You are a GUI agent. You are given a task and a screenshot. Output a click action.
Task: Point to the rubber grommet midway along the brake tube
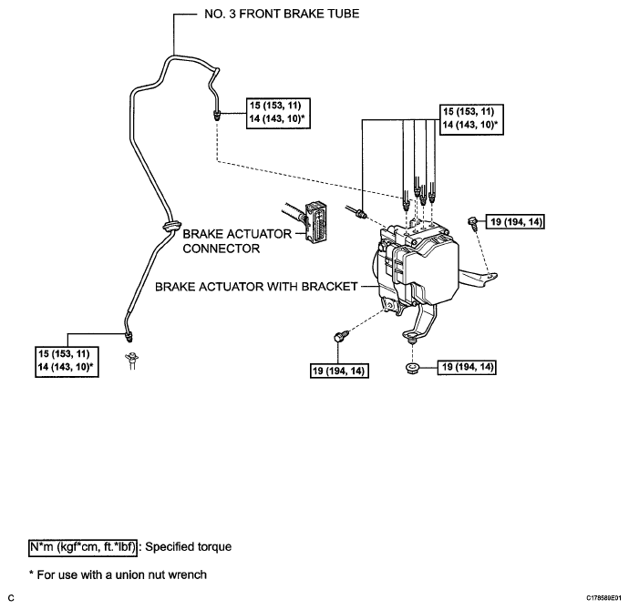(169, 223)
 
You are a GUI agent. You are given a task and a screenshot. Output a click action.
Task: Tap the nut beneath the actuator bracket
(411, 367)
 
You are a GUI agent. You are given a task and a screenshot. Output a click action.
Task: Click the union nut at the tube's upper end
(217, 117)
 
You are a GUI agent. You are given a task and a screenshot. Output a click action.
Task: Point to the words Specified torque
(180, 546)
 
